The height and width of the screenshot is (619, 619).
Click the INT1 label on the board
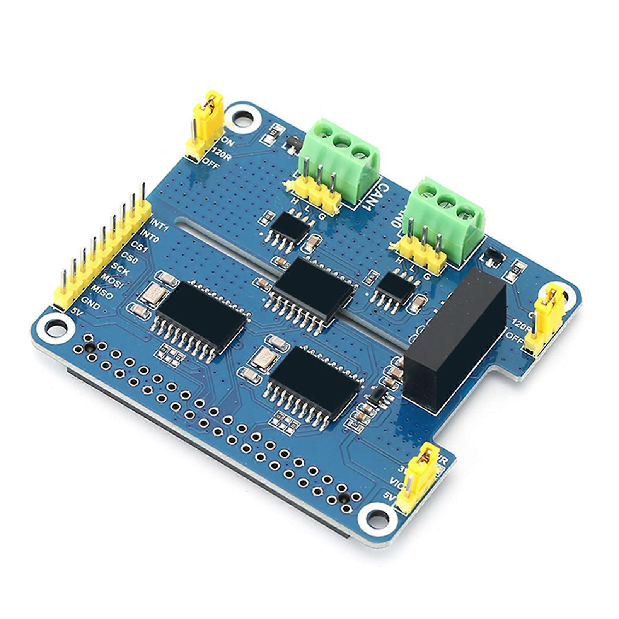(x=159, y=224)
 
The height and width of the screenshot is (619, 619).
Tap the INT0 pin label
(x=149, y=235)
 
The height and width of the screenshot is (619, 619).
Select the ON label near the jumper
(x=228, y=142)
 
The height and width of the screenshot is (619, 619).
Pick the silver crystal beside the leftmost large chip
(x=153, y=293)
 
